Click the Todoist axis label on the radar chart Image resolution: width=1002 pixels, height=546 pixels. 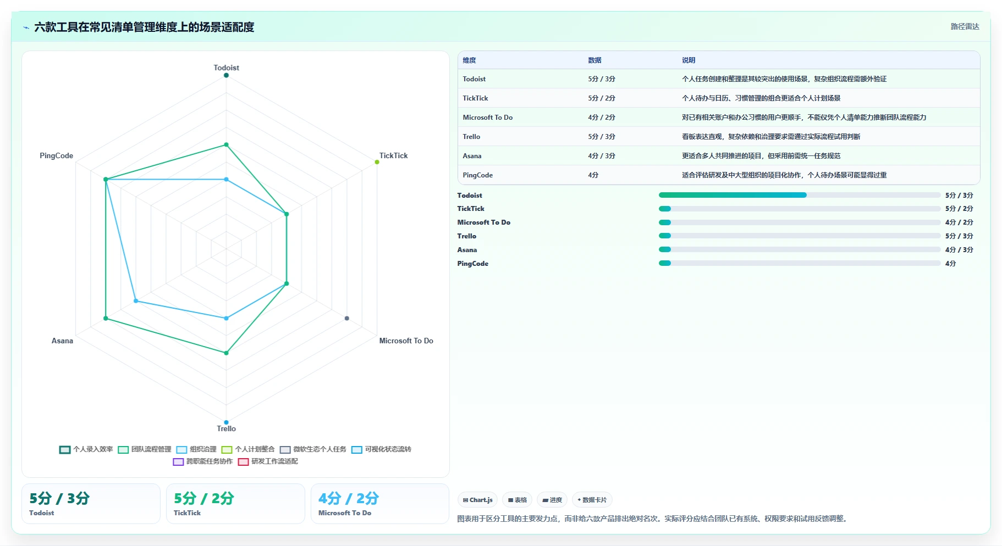226,68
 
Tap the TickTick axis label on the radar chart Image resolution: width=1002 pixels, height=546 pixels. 393,155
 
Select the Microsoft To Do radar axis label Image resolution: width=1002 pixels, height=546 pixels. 406,341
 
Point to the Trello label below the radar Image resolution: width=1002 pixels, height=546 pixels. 226,428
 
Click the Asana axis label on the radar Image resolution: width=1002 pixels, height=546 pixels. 62,341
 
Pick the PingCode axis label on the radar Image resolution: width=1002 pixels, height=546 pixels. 56,155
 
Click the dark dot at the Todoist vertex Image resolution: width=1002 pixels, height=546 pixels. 226,75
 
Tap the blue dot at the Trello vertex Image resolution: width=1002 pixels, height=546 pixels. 226,422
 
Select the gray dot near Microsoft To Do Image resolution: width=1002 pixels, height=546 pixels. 346,318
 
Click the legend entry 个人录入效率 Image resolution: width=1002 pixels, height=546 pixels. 86,449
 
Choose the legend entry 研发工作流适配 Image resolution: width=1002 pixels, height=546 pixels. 268,461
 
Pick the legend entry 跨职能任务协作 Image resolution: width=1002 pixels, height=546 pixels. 203,461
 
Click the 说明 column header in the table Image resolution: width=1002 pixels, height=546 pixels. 689,60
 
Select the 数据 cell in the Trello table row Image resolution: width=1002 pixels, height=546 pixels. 602,137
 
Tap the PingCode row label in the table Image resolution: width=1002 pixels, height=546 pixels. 477,175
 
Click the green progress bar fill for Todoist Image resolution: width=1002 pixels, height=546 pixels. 733,195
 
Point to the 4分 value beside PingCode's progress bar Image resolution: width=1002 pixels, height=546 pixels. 950,264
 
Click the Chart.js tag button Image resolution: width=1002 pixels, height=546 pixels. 477,500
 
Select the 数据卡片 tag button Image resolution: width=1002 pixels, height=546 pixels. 592,500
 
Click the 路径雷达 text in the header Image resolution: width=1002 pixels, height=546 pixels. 965,26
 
